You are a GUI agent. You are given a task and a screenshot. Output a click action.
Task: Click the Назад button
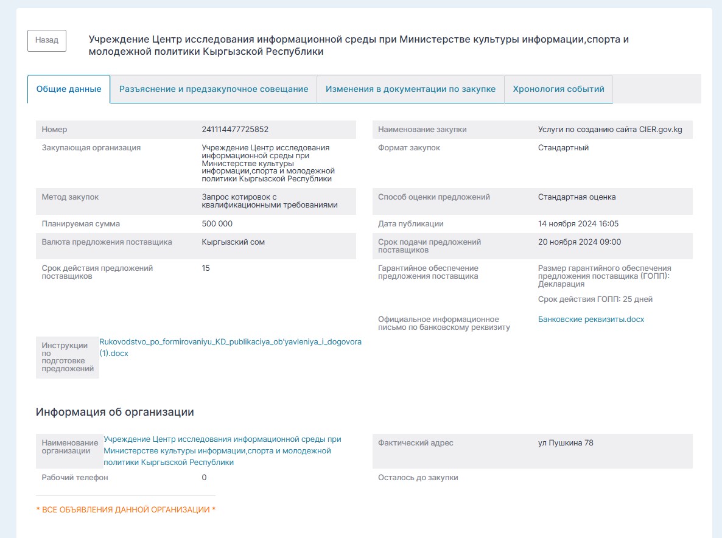pos(47,40)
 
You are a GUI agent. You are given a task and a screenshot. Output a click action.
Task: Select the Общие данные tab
pos(69,89)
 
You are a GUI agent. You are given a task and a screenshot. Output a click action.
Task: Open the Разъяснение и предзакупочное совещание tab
pos(214,89)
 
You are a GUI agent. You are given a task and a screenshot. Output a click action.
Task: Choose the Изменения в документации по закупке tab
pos(410,89)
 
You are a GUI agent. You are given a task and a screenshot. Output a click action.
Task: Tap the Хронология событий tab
pos(558,89)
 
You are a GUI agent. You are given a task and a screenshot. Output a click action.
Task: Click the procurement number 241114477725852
pos(235,130)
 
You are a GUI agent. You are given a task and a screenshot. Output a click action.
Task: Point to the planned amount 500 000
pos(217,224)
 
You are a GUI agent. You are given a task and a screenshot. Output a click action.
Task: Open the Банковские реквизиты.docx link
pos(591,320)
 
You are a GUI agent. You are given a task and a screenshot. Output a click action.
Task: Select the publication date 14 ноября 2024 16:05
pos(578,224)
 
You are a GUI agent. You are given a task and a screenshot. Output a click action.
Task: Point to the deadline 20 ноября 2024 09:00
pos(580,242)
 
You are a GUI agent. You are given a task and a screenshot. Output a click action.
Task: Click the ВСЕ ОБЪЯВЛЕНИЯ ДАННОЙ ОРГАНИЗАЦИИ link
pos(126,509)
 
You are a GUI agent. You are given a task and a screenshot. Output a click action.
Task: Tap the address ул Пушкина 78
pos(566,443)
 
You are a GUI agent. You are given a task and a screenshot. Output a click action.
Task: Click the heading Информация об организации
pos(114,412)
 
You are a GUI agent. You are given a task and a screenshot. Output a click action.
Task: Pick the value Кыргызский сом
pos(233,242)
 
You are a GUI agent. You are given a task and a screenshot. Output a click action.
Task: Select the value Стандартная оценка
pos(577,197)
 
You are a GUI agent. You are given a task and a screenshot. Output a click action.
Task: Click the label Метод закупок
pos(70,197)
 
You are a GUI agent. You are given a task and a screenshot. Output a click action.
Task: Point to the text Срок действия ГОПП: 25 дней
pos(595,299)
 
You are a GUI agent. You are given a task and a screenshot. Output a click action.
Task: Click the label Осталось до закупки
pos(418,478)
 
